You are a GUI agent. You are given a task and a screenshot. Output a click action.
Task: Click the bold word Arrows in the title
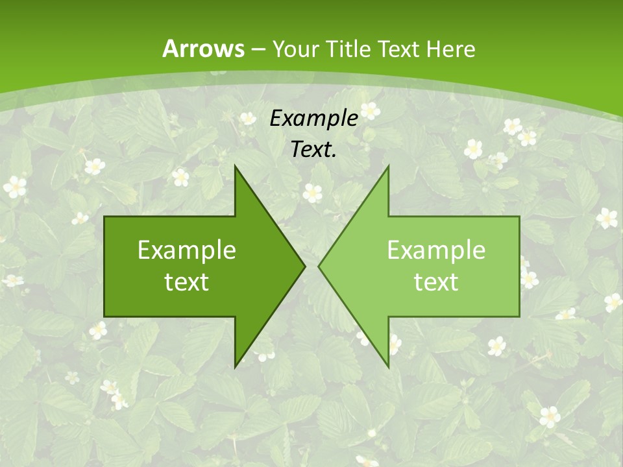click(x=203, y=49)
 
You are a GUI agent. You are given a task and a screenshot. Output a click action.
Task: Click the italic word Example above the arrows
click(x=313, y=119)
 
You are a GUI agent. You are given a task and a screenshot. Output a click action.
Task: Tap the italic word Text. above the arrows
click(x=313, y=150)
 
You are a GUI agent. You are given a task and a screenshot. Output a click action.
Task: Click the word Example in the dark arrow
click(x=187, y=250)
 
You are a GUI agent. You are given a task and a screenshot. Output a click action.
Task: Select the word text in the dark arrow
click(x=187, y=282)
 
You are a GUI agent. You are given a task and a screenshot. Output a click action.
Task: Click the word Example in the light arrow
click(x=436, y=250)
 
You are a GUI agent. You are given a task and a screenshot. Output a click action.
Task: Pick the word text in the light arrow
click(x=436, y=282)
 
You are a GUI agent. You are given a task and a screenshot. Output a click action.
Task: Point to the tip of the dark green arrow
click(x=304, y=266)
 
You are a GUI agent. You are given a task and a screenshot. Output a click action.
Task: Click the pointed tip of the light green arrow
click(x=319, y=266)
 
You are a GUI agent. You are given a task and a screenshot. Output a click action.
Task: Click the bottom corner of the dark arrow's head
click(x=236, y=366)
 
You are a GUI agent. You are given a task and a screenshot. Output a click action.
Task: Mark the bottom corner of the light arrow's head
click(x=388, y=366)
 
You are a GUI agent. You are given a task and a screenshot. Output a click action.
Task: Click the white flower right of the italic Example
click(x=370, y=110)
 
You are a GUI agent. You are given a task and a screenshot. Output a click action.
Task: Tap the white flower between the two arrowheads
click(x=312, y=192)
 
